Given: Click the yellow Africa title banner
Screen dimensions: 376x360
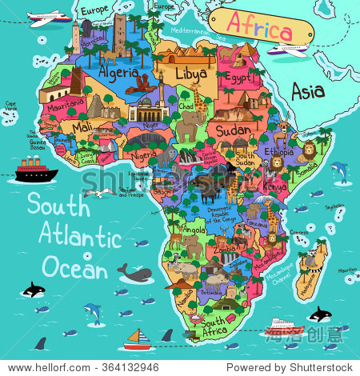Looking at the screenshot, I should (x=258, y=30).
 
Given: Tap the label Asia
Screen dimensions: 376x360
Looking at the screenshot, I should (x=307, y=91).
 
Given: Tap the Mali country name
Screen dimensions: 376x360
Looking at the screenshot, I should (x=82, y=126).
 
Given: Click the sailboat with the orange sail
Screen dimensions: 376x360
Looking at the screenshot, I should (x=137, y=339).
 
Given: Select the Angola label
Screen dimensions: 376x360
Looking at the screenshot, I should (x=192, y=230).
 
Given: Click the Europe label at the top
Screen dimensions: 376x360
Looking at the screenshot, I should (x=94, y=10).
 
